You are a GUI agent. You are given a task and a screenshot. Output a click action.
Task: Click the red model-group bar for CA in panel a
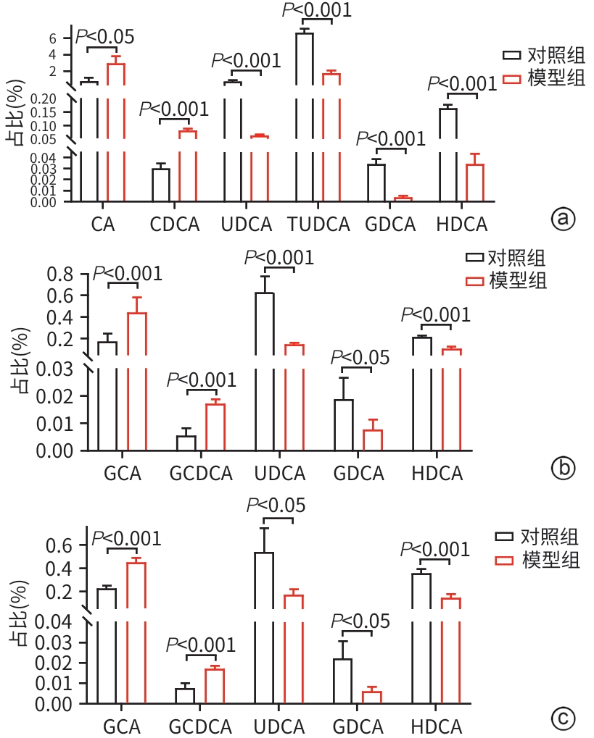pos(116,130)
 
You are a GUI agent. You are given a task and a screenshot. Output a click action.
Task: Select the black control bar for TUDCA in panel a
pos(305,116)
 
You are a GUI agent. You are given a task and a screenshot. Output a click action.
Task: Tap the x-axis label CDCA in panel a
pos(175,225)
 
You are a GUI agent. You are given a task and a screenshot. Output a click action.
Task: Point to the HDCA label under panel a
pos(461,225)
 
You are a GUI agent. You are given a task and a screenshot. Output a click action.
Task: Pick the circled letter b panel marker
pos(563,469)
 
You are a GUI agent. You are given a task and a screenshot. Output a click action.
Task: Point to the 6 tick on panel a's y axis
pos(62,38)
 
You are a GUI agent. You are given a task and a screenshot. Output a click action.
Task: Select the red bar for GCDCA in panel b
pos(215,427)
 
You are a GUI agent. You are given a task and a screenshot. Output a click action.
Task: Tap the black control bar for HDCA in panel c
pos(421,637)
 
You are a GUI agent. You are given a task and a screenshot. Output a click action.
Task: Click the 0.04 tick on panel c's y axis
pos(57,622)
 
